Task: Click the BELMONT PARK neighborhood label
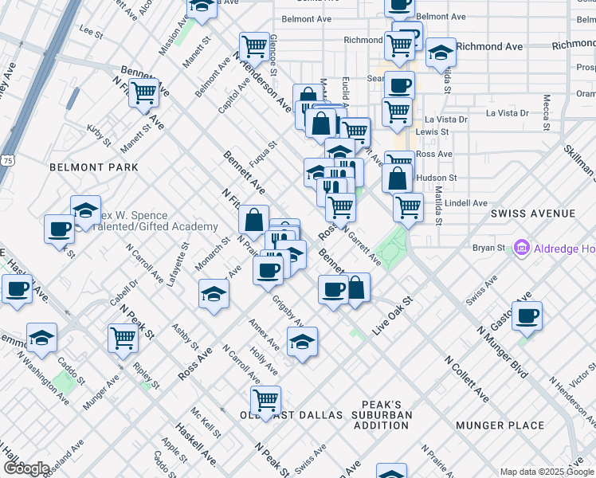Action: tap(93, 167)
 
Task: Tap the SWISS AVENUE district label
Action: tap(532, 214)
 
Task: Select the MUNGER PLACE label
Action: tap(500, 425)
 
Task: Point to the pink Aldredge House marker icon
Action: tap(523, 249)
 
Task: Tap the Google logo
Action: tap(26, 468)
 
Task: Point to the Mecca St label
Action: tap(547, 112)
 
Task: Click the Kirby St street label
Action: tap(99, 135)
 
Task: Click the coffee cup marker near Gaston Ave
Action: tap(527, 315)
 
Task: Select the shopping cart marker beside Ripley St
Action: tap(123, 337)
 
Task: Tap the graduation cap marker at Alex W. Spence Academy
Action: tap(85, 210)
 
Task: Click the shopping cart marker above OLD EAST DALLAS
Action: tap(265, 398)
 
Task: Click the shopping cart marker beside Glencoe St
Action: tap(254, 45)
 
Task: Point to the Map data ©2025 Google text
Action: tap(547, 472)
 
